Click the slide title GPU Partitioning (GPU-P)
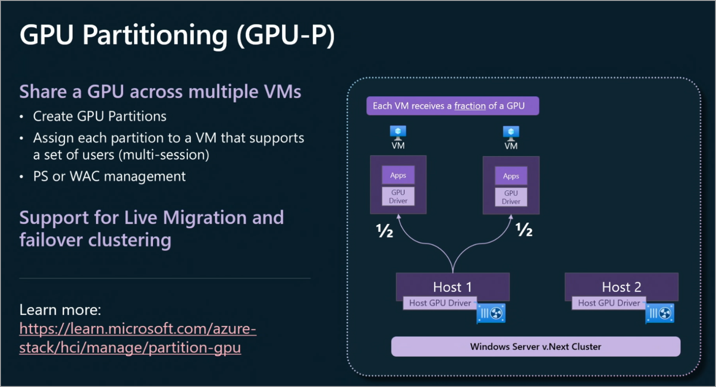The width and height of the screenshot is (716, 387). [177, 35]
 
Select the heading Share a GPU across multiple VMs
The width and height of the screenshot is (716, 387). [160, 92]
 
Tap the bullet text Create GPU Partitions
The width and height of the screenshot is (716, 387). [99, 116]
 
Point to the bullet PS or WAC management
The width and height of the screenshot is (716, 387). [109, 177]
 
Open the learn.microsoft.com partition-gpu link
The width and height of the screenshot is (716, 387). [137, 338]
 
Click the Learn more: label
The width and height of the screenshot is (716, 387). [60, 310]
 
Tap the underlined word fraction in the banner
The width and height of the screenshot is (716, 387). [470, 106]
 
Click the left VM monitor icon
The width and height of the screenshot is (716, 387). [398, 132]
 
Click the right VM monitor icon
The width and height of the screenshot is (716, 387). [511, 132]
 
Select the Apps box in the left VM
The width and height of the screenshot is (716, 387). [398, 176]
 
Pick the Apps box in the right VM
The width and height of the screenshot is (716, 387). [511, 176]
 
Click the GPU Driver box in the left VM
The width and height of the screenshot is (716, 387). [398, 197]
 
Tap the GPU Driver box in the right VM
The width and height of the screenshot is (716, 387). [511, 197]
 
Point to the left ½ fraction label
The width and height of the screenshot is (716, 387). [385, 231]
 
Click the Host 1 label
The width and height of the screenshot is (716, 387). [452, 287]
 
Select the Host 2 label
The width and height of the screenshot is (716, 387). [621, 287]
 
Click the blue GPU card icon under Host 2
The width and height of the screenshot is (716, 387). [660, 313]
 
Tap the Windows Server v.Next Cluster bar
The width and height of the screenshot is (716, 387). [536, 346]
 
